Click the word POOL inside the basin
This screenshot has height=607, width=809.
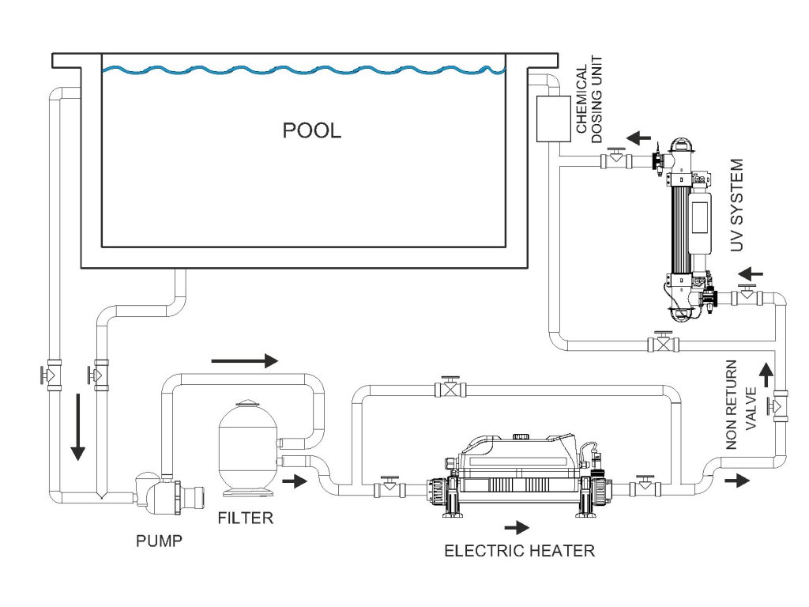312,130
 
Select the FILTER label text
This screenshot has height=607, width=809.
245,518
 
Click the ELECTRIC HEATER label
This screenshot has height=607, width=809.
519,551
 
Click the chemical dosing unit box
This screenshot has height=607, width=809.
553,119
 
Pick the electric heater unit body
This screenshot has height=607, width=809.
517,474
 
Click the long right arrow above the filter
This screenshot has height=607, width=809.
245,361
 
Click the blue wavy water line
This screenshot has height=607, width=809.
303,71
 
